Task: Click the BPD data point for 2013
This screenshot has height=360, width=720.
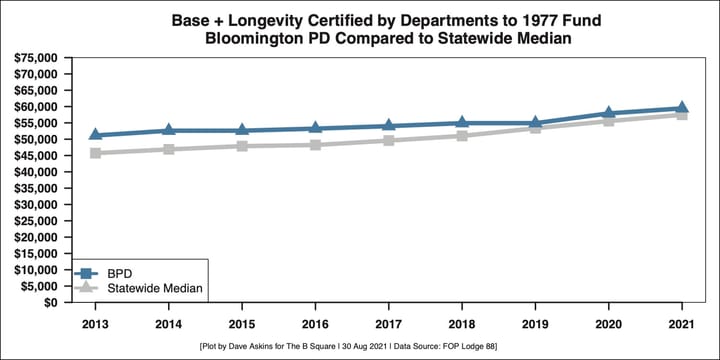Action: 96,135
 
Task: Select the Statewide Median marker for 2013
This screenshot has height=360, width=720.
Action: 96,153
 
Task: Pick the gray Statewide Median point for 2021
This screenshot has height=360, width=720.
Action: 682,114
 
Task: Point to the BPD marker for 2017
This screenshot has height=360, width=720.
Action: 389,126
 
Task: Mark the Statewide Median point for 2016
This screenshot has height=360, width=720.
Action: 316,145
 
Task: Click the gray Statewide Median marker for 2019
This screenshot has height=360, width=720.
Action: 536,128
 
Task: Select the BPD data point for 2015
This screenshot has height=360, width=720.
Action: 242,130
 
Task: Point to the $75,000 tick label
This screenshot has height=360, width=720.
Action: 36,58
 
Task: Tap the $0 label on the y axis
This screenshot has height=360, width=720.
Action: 48,303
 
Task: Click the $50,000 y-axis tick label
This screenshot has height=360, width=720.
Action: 36,140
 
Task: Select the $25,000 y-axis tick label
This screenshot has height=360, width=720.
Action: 36,221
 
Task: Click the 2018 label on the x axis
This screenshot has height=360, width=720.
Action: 462,324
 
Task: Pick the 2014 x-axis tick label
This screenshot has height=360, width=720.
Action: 169,324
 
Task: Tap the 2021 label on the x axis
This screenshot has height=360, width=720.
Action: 682,324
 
